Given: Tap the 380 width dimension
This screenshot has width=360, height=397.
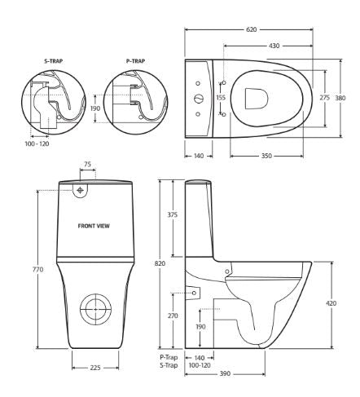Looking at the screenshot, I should point(341,98).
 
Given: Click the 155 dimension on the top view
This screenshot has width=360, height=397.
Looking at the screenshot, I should point(220,98).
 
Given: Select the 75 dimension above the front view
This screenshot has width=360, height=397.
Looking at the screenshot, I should point(87,165).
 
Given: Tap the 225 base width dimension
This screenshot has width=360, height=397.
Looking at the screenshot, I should point(94,367).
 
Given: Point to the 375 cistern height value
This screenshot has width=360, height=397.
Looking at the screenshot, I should point(172,216).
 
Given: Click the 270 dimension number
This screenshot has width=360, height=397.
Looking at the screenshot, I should point(172,315).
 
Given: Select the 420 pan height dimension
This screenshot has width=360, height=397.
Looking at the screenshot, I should point(331,303).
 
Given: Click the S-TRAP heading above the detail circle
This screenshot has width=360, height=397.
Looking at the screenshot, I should point(54,60).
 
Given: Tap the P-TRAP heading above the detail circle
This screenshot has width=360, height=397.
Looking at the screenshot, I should point(135,60).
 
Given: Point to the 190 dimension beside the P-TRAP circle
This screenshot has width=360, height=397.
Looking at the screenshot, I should point(96,108).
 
